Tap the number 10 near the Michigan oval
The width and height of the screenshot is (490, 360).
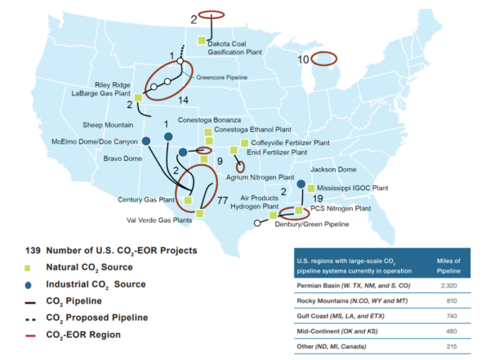(303, 59)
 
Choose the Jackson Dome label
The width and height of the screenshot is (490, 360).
(335, 169)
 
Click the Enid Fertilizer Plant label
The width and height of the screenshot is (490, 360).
(276, 152)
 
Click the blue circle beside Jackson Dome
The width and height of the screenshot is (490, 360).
(301, 184)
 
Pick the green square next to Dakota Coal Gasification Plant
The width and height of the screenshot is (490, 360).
(201, 39)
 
